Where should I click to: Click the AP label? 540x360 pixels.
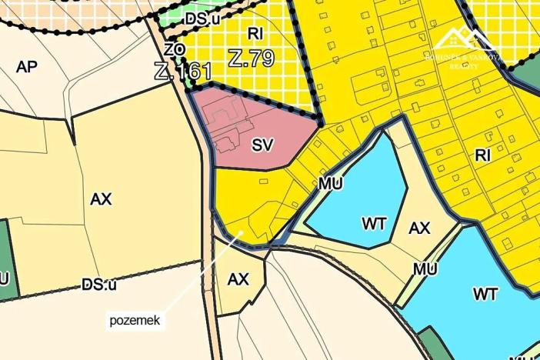(x=26, y=67)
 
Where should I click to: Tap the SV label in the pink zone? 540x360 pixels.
(x=263, y=145)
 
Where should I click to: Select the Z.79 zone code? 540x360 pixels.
(x=252, y=58)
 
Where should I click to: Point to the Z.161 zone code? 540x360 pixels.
(x=183, y=72)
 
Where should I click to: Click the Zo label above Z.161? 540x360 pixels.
(x=175, y=49)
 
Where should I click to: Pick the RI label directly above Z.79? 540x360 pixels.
(x=255, y=33)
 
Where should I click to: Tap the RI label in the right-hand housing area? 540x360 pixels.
(x=483, y=155)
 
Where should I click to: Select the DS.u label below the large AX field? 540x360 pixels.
(x=99, y=285)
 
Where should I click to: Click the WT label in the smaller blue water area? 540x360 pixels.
(x=374, y=224)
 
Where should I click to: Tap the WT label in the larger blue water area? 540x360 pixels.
(x=485, y=294)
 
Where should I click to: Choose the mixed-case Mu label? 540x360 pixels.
(x=330, y=185)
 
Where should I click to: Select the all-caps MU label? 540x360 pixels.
(x=424, y=269)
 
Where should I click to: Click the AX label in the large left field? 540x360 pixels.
(x=101, y=199)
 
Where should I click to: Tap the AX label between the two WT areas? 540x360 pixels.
(x=419, y=228)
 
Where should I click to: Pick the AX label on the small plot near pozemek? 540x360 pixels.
(x=238, y=279)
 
